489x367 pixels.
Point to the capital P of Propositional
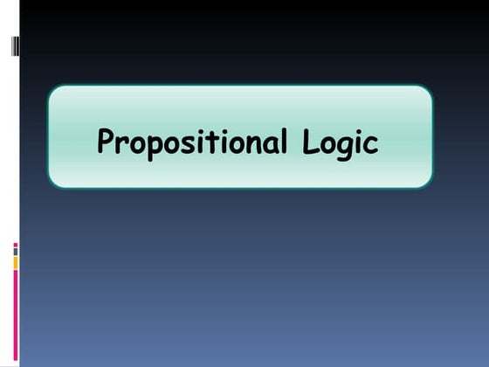point(106,141)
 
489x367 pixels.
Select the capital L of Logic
point(310,141)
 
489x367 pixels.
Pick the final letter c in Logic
point(372,144)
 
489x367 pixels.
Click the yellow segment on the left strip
point(15,262)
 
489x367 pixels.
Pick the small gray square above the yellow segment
point(15,252)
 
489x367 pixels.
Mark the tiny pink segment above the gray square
point(15,245)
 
